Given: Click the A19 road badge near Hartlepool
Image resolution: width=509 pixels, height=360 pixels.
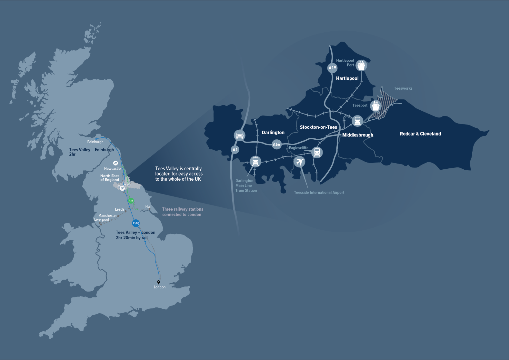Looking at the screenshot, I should [332, 68].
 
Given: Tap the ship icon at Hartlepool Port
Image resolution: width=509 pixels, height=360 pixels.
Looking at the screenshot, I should [361, 65].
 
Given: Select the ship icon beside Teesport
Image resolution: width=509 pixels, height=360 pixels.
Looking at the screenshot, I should [375, 106].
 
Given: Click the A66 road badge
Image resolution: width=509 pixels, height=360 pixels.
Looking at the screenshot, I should [276, 144].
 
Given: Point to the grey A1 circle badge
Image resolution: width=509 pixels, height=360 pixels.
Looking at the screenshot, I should [235, 149].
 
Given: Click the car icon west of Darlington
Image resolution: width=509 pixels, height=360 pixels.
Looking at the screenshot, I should [239, 135].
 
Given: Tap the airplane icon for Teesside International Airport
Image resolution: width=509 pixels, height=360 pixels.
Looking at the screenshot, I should [300, 161].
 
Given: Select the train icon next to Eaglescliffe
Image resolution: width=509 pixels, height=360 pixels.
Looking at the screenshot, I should [317, 152].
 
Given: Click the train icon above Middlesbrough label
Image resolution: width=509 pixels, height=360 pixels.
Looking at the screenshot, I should [357, 121].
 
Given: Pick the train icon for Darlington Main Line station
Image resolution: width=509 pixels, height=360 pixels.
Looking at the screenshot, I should [255, 161].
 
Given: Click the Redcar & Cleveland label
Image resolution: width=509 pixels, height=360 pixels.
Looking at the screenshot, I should [420, 134].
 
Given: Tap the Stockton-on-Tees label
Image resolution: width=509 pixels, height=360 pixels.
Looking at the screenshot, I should [318, 127].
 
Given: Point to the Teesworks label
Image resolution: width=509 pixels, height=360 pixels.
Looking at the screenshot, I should [403, 88].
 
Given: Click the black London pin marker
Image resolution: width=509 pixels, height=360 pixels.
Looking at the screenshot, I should [158, 282].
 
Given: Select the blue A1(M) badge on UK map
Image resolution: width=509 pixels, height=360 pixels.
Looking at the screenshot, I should [136, 223].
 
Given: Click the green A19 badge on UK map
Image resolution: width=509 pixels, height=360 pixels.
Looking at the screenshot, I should [131, 201].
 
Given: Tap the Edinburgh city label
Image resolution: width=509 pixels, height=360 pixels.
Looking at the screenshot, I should [95, 142].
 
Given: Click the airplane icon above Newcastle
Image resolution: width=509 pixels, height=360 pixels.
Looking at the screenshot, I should [115, 163].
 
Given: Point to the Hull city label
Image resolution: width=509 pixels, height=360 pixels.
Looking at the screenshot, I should [148, 206].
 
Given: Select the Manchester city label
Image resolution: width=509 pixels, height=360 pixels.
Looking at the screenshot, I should [107, 215].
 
